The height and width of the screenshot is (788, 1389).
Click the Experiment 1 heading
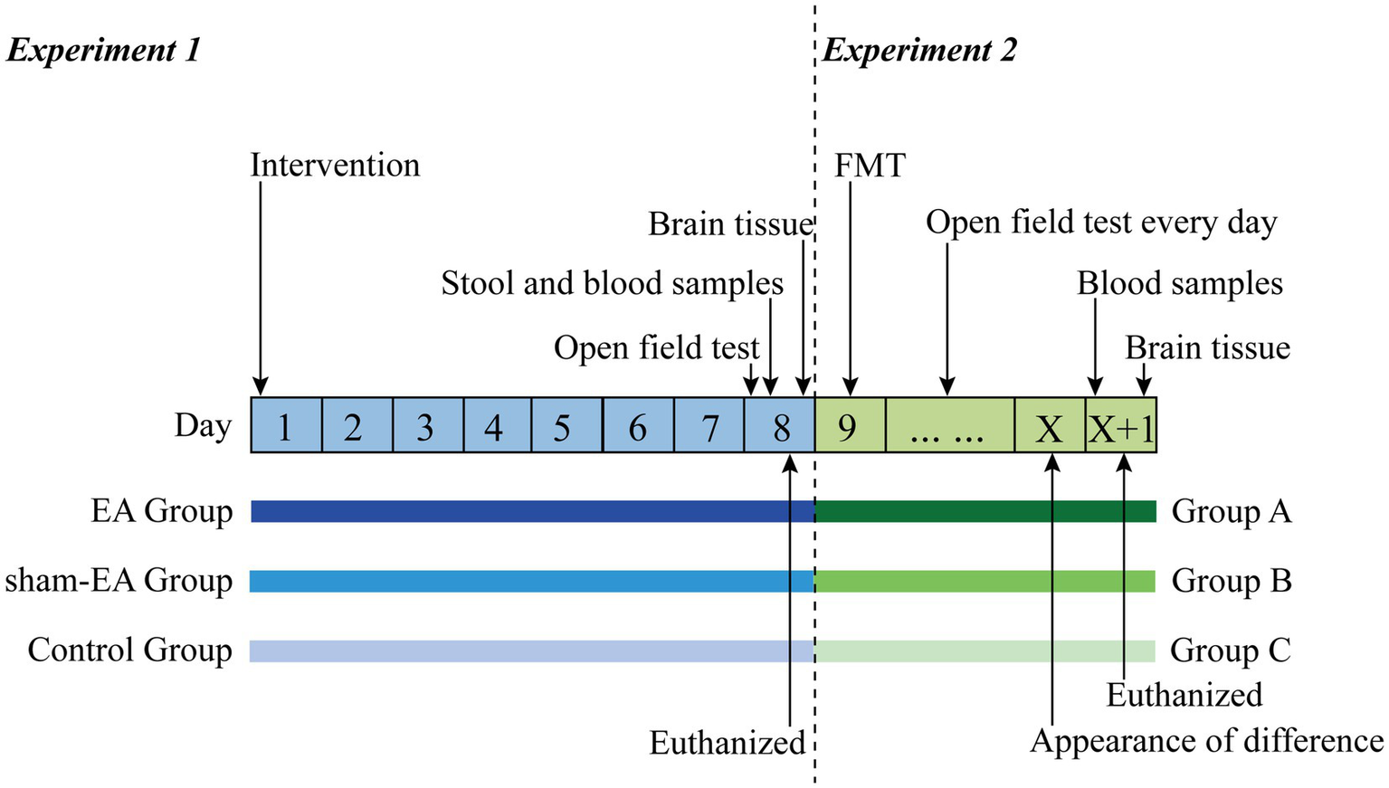click(103, 50)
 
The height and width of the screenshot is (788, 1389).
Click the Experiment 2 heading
click(919, 50)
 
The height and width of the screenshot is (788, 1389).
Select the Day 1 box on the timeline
click(286, 425)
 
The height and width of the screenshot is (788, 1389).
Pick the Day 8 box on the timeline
click(780, 425)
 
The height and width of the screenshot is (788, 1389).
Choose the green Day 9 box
click(849, 425)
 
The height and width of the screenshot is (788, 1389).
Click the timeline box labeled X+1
click(1120, 425)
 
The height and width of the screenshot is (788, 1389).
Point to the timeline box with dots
click(949, 425)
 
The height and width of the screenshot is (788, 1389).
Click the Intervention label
click(335, 166)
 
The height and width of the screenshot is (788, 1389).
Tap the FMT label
click(869, 166)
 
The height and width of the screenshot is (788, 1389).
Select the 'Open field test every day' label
click(1101, 222)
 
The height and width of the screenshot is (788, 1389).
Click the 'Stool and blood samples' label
click(612, 283)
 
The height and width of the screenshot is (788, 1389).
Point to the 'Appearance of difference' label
click(1206, 741)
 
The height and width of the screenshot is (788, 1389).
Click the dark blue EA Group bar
click(532, 511)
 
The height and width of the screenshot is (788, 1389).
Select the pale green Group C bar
click(985, 650)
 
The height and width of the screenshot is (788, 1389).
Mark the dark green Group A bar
click(985, 511)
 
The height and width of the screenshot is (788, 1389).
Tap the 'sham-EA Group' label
click(119, 580)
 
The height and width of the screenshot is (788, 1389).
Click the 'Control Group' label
click(129, 650)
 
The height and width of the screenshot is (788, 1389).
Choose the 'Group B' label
click(1231, 580)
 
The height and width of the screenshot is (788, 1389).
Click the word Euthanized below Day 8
click(727, 743)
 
